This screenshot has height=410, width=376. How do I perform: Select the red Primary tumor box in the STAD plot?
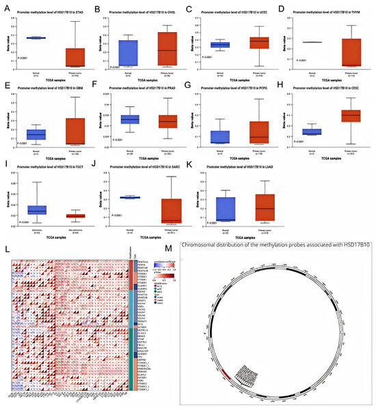point(75,57)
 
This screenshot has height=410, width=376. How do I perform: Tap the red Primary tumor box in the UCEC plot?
point(260,42)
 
